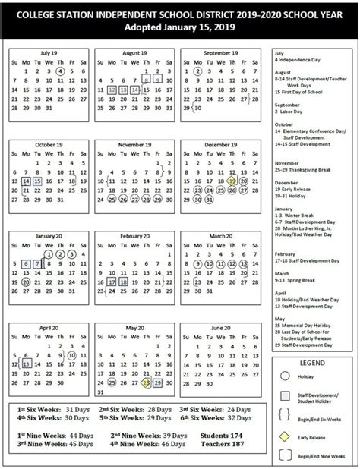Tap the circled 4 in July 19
(x=59, y=71)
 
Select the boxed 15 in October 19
(x=37, y=181)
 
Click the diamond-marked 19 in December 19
(x=232, y=181)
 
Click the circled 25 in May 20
(x=112, y=383)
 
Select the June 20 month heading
(x=221, y=328)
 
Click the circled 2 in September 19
(x=197, y=71)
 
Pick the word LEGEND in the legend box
(x=311, y=364)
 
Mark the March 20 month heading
(x=221, y=237)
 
